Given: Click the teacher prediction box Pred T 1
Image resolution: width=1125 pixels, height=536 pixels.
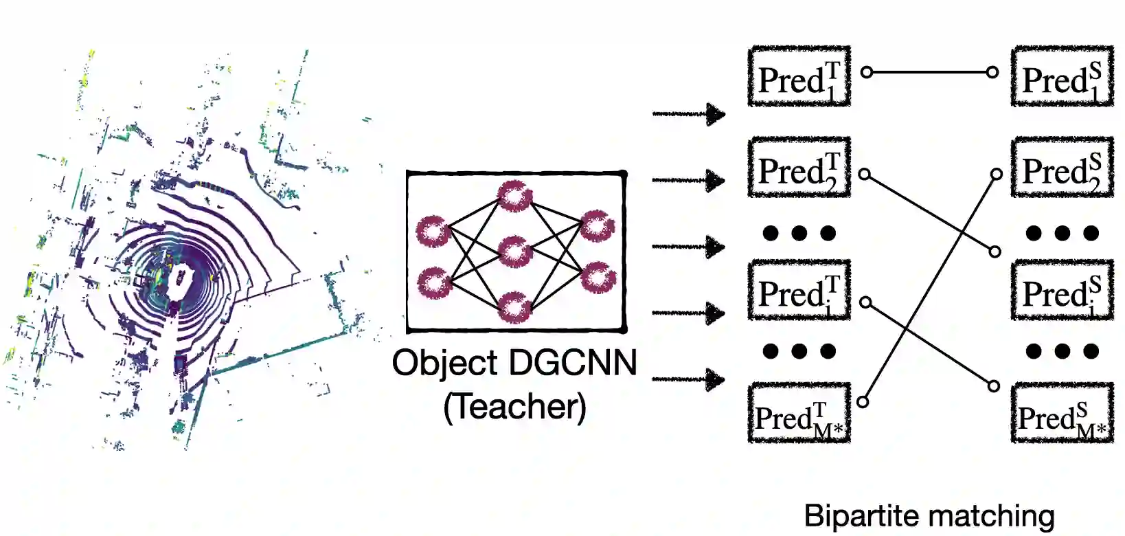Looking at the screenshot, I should (x=799, y=77).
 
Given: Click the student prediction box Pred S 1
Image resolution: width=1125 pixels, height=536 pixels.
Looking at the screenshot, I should (x=1062, y=77).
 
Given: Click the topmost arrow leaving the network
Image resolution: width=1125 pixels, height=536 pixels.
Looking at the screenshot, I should (x=688, y=114).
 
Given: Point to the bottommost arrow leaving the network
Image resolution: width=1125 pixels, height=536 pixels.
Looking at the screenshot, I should (x=688, y=379).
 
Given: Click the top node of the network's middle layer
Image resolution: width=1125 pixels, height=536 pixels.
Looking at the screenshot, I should (x=515, y=197).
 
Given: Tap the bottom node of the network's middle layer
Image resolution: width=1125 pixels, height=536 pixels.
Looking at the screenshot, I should (x=515, y=306).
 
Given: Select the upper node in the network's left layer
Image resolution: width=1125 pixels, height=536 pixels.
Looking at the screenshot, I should (x=433, y=232).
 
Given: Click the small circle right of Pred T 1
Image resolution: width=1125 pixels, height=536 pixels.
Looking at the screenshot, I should (x=866, y=71).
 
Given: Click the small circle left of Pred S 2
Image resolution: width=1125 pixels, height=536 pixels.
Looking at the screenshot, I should (x=996, y=174).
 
